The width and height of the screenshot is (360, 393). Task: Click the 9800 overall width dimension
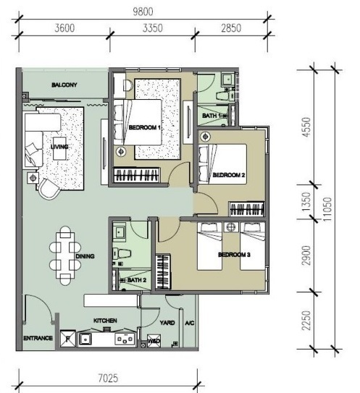click(x=143, y=12)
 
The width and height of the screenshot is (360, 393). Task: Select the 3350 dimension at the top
click(x=153, y=28)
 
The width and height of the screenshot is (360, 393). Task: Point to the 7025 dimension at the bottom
click(x=108, y=379)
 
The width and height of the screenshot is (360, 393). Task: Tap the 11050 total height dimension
click(x=327, y=209)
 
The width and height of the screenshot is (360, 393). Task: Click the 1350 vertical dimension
click(x=306, y=201)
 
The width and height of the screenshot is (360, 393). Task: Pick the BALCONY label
click(x=64, y=85)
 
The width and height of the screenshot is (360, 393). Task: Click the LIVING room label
click(x=59, y=146)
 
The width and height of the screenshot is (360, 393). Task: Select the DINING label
click(x=85, y=256)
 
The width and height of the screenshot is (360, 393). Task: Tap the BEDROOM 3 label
click(x=234, y=255)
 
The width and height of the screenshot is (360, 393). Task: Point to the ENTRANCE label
click(x=38, y=338)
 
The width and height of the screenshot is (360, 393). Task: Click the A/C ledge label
click(x=190, y=323)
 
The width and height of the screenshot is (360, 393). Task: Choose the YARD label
click(x=167, y=323)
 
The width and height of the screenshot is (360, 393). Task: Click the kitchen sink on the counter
click(x=85, y=339)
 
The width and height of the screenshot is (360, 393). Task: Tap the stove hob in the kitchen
click(x=125, y=339)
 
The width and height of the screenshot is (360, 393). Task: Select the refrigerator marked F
click(x=68, y=339)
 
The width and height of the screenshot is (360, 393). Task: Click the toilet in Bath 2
click(x=122, y=253)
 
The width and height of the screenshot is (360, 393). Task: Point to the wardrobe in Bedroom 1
click(x=137, y=174)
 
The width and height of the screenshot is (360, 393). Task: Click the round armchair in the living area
click(x=49, y=189)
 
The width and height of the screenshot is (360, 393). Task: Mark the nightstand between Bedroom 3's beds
click(x=231, y=227)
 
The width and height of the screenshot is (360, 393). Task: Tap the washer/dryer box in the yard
click(x=154, y=341)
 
